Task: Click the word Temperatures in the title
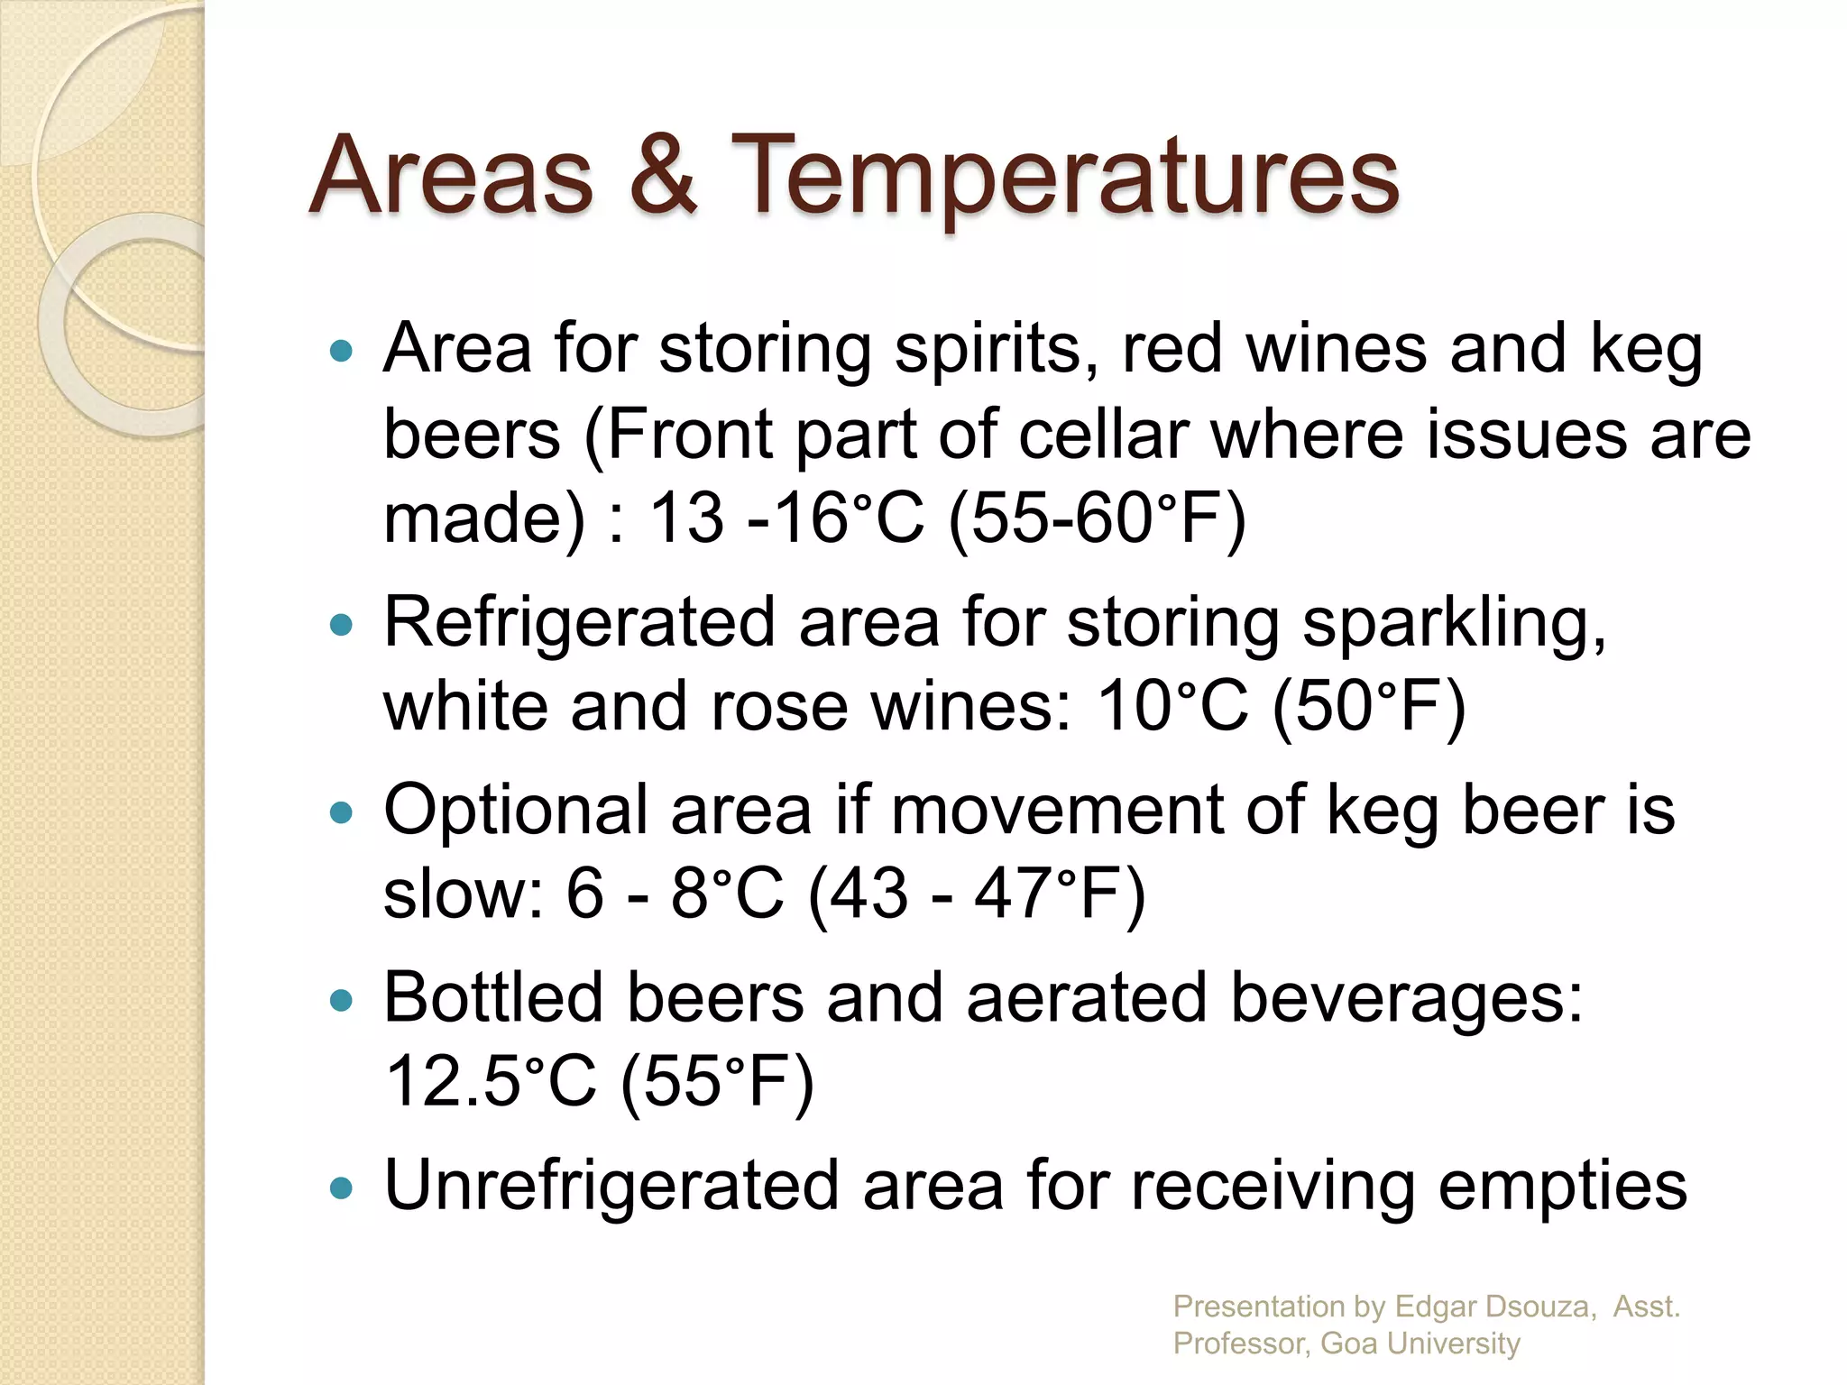point(1064,176)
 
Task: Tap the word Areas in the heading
point(451,176)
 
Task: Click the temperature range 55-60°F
point(1097,518)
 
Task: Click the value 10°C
point(1172,706)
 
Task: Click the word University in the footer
point(1454,1344)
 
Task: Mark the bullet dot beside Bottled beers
point(341,1000)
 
